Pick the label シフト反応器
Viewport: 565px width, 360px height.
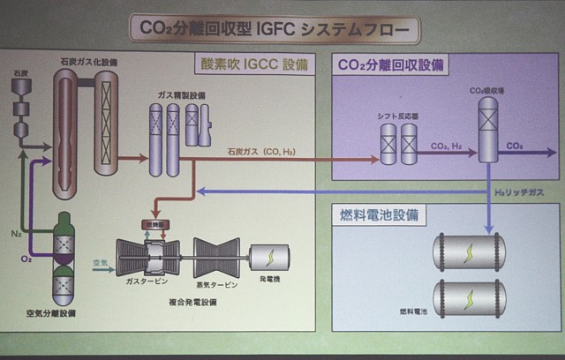[395, 116]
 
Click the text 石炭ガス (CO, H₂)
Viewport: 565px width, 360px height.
[261, 152]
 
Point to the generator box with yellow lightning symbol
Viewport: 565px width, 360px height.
[265, 256]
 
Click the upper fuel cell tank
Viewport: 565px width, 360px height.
[469, 251]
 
